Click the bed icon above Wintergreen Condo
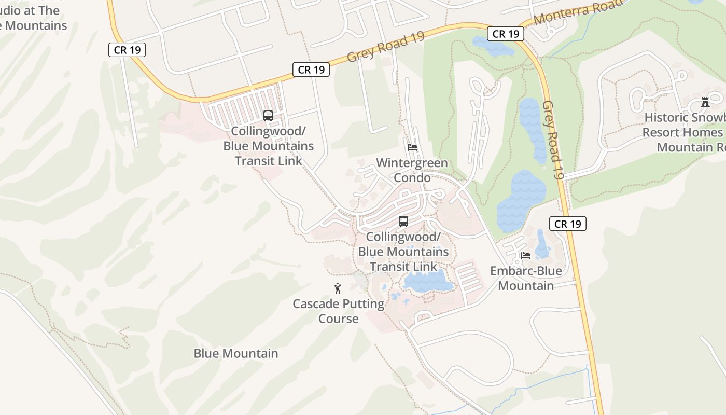tap(412, 147)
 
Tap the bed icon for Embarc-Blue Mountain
tap(525, 255)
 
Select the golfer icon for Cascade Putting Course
tap(338, 288)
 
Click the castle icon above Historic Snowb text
tap(705, 102)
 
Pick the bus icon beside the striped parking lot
tap(268, 116)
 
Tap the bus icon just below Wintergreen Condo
tap(403, 222)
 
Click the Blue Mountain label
tap(236, 353)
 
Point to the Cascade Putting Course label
tap(339, 311)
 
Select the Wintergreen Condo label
tap(412, 170)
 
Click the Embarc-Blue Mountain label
tap(526, 278)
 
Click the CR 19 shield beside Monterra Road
tap(506, 34)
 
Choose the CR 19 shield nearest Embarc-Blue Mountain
tap(567, 224)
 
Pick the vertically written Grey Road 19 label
tap(553, 140)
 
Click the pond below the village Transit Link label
tap(428, 283)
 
